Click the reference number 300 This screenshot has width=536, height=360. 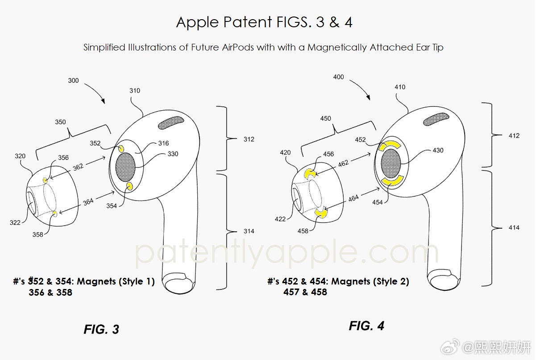pos(73,80)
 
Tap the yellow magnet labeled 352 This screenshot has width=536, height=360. pos(121,148)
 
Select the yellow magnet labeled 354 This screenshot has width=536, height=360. pos(130,186)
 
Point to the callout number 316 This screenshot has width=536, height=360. pos(163,143)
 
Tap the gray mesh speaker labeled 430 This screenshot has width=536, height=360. pos(391,163)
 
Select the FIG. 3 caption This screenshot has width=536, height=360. pos(101,329)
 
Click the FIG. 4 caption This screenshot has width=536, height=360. pos(366,326)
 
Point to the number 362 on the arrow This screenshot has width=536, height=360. pos(78,167)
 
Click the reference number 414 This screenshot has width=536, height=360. pos(514,227)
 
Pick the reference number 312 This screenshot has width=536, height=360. pos(249,139)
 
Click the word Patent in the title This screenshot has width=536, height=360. pos(248,22)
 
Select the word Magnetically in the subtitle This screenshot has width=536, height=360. pos(337,47)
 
